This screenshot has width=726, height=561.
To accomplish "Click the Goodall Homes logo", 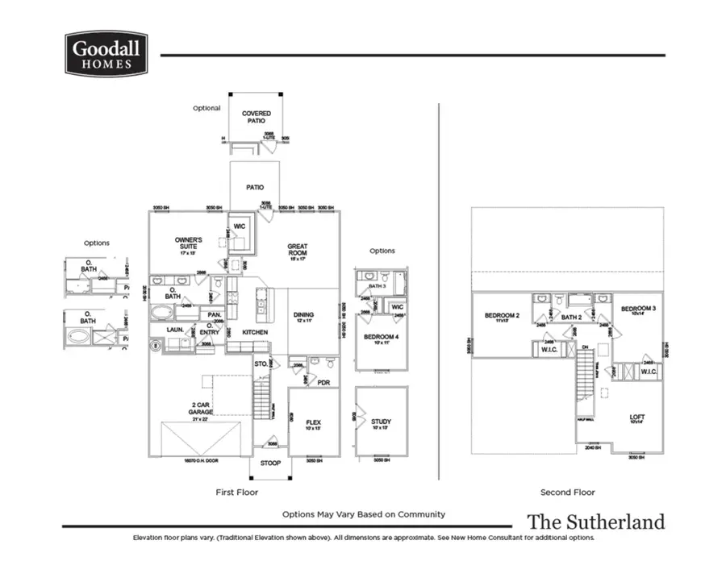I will (x=105, y=54).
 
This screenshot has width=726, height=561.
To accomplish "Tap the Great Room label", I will (x=298, y=251).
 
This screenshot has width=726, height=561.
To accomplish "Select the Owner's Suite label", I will (x=189, y=243).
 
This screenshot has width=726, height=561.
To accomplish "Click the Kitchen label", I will (x=255, y=332).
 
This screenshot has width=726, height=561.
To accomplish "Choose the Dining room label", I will (x=303, y=316).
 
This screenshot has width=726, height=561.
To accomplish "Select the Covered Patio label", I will (x=257, y=118).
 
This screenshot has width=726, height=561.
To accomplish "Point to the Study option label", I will (x=382, y=422).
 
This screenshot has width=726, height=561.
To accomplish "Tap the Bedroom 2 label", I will (x=501, y=316).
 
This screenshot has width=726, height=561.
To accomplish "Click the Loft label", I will (x=636, y=418).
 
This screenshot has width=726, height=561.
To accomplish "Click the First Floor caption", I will (x=237, y=492).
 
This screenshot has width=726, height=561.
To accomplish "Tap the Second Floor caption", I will (x=568, y=492).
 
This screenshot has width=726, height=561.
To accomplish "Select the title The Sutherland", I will (x=596, y=522).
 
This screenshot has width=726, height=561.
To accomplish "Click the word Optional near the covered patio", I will (x=207, y=108).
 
